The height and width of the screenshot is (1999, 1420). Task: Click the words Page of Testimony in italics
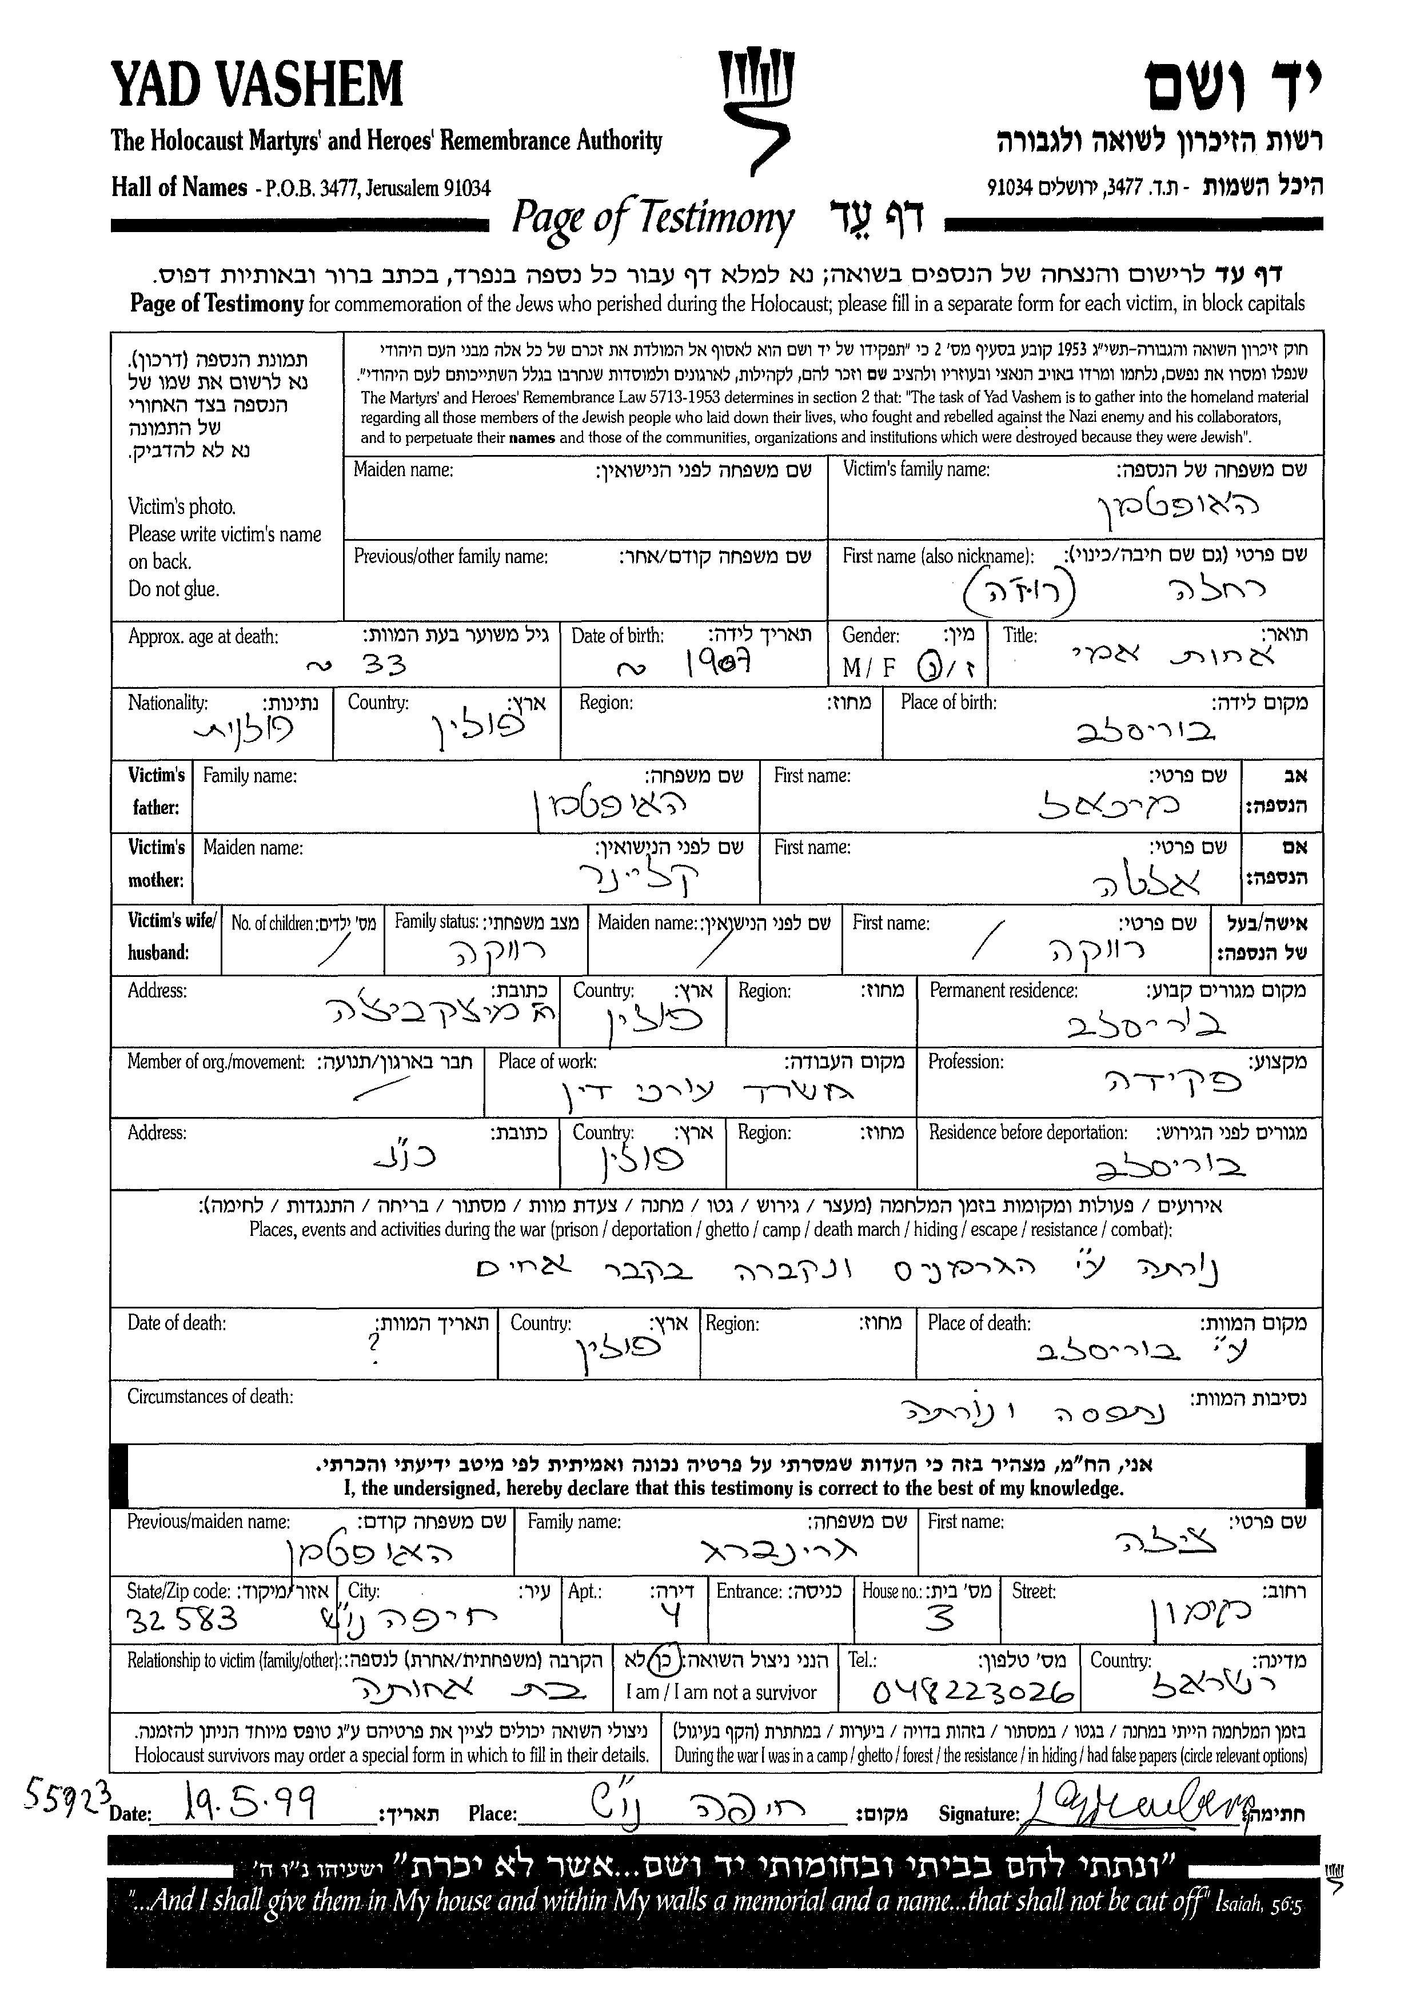coord(652,218)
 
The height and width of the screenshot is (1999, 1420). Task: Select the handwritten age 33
coord(385,667)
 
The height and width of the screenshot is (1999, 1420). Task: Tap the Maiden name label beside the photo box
coord(403,470)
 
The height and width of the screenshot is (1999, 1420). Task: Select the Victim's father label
coord(157,791)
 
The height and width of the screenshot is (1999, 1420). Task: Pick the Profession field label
coord(966,1062)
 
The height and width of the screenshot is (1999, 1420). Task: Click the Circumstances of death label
coord(210,1396)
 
